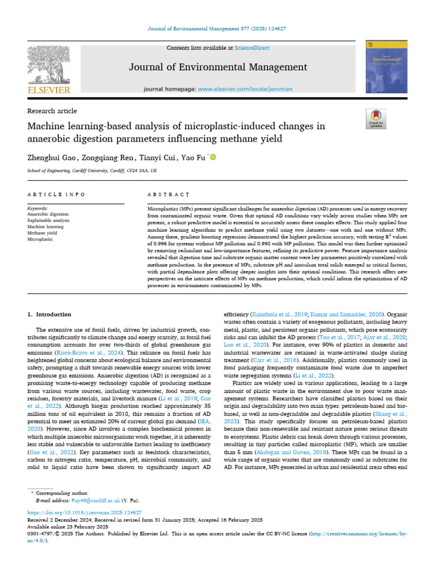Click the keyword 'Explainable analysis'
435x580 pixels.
point(49,220)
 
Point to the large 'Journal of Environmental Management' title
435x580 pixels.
point(218,67)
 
